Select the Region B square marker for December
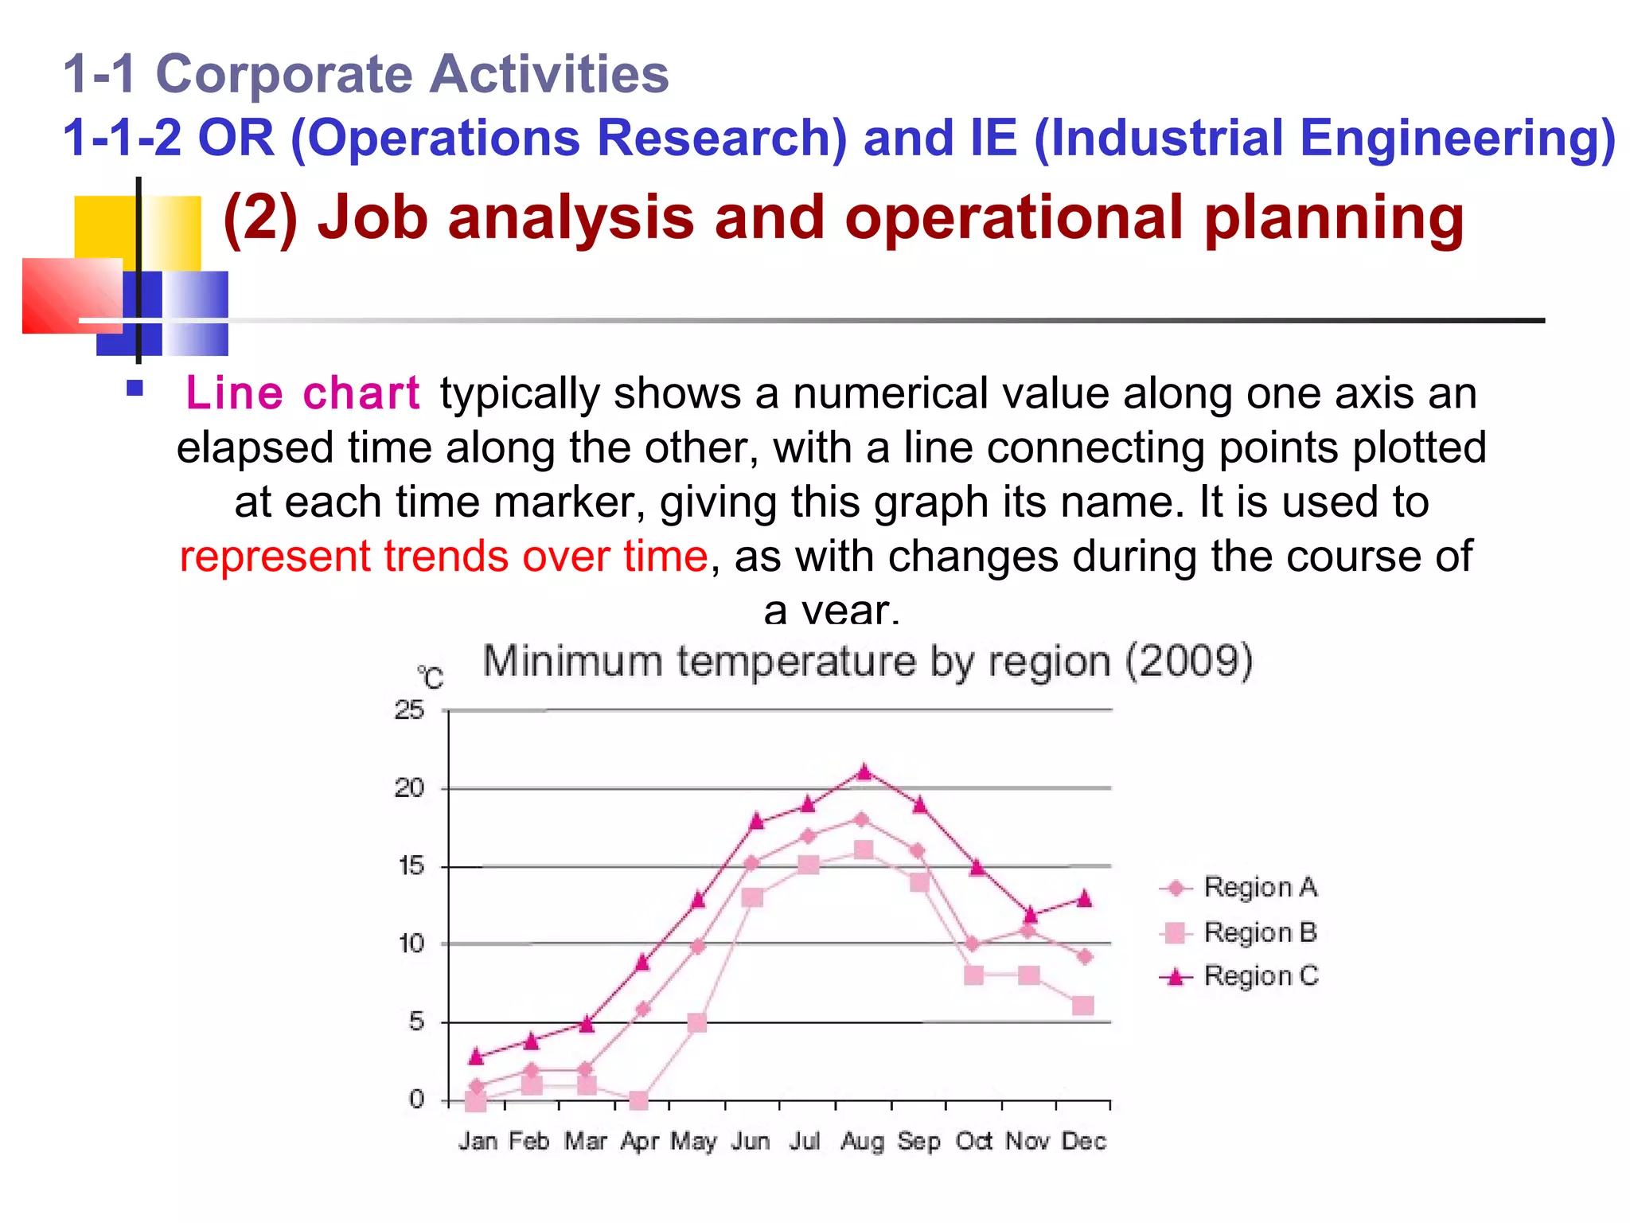[1082, 1006]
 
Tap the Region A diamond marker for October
[972, 944]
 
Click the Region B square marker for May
[696, 1023]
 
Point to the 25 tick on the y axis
[409, 709]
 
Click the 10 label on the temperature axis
[411, 944]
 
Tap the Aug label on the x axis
[862, 1142]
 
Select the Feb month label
[529, 1142]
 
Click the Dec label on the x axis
[1084, 1142]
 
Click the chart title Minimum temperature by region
[868, 662]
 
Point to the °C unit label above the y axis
[430, 678]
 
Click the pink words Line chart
[302, 393]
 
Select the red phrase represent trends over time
[443, 556]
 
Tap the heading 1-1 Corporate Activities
[366, 74]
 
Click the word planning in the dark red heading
[1334, 218]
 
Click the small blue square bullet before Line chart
[135, 389]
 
